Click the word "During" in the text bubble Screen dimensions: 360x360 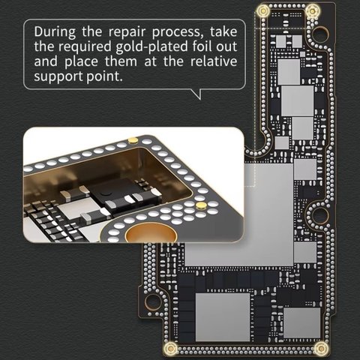(55, 32)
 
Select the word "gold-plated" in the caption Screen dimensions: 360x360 (151, 46)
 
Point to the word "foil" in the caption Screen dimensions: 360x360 (202, 46)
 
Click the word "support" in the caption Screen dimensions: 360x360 (58, 76)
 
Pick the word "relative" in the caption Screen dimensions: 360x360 (214, 61)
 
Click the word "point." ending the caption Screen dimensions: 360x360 (104, 76)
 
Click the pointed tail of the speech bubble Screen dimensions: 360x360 (200, 99)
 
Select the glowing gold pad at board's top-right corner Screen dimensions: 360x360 (312, 10)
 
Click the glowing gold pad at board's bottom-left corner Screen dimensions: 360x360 (171, 348)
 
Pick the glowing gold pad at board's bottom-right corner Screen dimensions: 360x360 (321, 348)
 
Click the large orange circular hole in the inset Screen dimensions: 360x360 (151, 234)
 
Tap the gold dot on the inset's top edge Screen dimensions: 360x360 (133, 140)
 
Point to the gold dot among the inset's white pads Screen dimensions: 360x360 (201, 205)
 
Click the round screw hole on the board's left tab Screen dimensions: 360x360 (153, 301)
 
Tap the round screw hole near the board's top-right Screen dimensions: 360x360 (320, 33)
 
